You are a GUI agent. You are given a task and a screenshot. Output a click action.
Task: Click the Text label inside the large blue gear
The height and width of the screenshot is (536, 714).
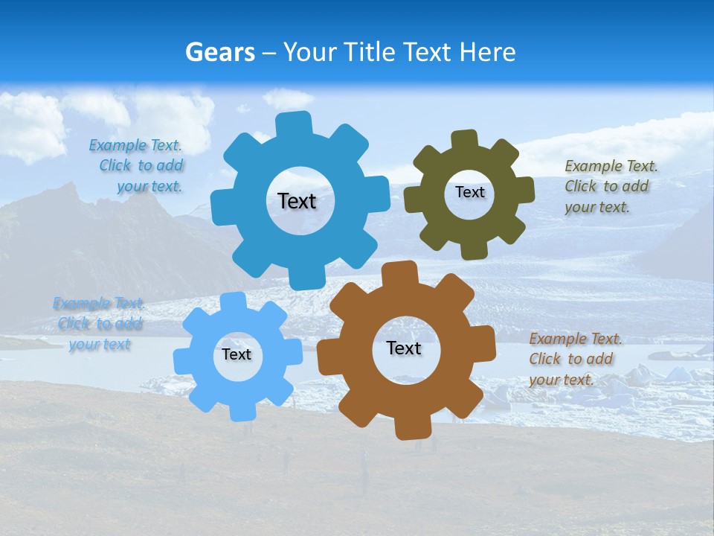(x=297, y=201)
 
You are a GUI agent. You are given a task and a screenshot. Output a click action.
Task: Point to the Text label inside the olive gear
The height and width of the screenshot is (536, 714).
(x=469, y=192)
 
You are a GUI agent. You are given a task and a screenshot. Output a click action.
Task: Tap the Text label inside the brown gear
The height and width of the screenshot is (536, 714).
(x=404, y=348)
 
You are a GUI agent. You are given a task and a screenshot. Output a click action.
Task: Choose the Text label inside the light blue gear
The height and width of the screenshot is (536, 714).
(x=237, y=354)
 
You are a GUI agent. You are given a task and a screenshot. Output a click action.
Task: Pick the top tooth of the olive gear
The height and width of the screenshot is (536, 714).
(x=465, y=139)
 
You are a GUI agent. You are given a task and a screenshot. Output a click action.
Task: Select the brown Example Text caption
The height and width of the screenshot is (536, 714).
(x=574, y=359)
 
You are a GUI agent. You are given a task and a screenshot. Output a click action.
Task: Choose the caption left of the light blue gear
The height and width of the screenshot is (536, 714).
(x=98, y=324)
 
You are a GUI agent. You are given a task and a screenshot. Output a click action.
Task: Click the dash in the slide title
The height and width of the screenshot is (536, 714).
(x=270, y=53)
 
